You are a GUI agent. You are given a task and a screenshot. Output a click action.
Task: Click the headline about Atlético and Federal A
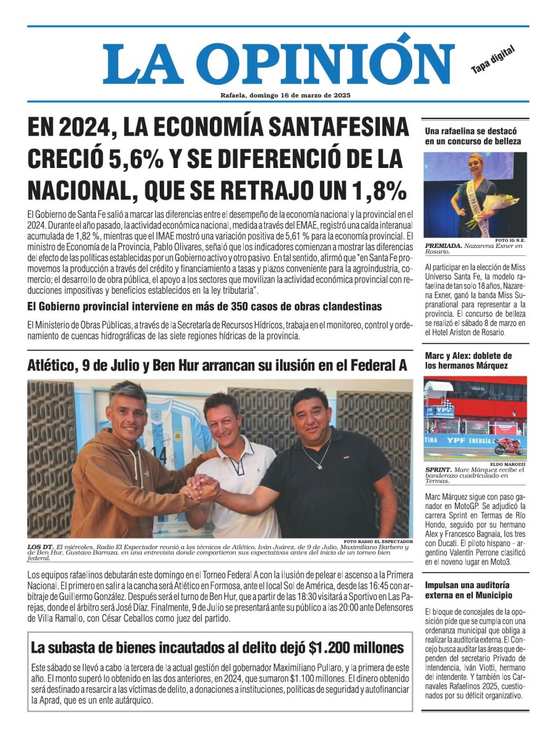coord(217,366)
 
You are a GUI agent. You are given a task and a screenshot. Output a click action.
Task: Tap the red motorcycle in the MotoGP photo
coord(507,446)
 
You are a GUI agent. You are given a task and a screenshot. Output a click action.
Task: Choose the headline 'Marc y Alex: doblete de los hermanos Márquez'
coord(468,360)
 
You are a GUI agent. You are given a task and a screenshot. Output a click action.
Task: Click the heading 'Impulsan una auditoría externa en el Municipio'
coord(468,590)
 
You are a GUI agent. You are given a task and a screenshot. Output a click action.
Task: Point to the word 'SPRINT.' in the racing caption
coord(439,470)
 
